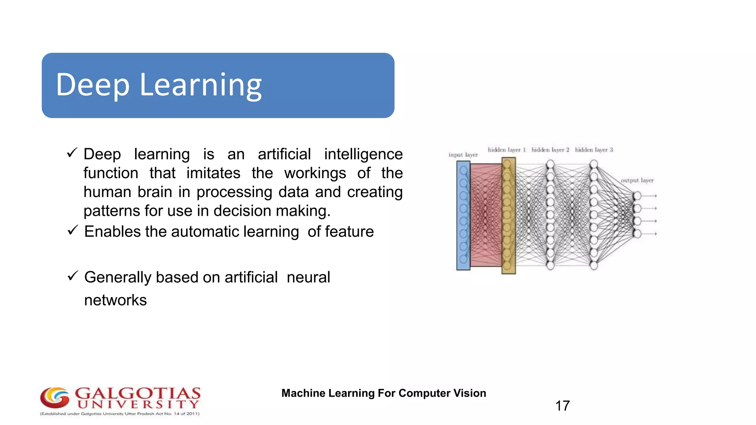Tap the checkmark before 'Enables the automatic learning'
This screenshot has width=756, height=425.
coord(73,231)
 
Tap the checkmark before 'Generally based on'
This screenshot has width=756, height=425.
coord(73,276)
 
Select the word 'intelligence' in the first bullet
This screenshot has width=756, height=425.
coord(363,154)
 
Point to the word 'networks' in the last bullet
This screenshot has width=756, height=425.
coord(115,300)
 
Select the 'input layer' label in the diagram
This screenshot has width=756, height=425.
coord(463,155)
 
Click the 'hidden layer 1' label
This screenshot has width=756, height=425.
coord(506,150)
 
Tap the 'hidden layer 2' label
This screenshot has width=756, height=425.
coord(550,150)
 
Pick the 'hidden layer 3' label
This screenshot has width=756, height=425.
coord(594,150)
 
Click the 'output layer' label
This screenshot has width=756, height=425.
coord(637,180)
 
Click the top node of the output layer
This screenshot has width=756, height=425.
coord(637,196)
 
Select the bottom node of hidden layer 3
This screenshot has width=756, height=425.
coord(594,265)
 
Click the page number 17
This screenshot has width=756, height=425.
coord(562,406)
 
